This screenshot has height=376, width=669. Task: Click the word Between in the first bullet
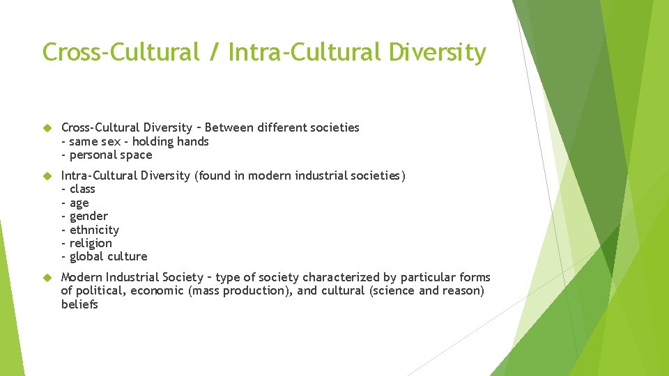point(231,127)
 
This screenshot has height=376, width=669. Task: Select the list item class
point(82,189)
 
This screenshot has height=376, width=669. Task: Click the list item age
point(79,203)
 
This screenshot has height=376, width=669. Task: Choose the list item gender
point(89,216)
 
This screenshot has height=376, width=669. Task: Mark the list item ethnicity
point(94,230)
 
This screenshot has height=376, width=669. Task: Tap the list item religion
point(91,243)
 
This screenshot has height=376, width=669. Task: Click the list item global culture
point(108,256)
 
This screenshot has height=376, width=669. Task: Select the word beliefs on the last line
point(79,304)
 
